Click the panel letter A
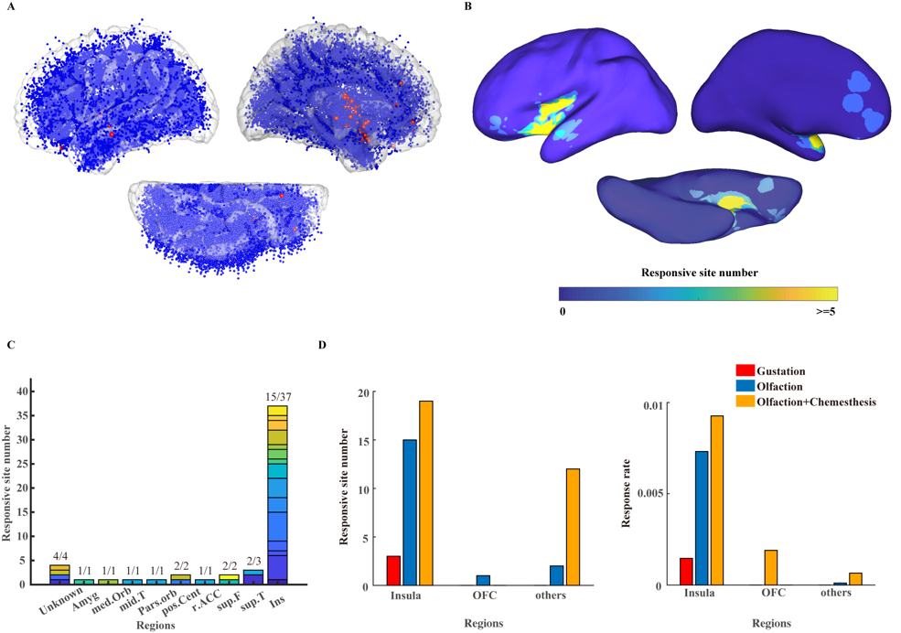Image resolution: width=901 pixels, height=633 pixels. tap(10, 6)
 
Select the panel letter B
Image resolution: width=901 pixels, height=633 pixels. tap(468, 6)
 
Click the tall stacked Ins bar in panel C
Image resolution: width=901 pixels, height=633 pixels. tap(278, 494)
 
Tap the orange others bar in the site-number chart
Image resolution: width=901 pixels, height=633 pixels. tap(573, 527)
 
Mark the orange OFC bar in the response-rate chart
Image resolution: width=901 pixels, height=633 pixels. tap(771, 567)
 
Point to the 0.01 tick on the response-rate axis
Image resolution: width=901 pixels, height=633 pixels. tap(661, 403)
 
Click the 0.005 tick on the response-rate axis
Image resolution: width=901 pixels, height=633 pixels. tap(658, 494)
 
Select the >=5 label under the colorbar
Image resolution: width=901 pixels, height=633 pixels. tap(825, 311)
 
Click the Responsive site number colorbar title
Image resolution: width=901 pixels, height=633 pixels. tap(698, 273)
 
